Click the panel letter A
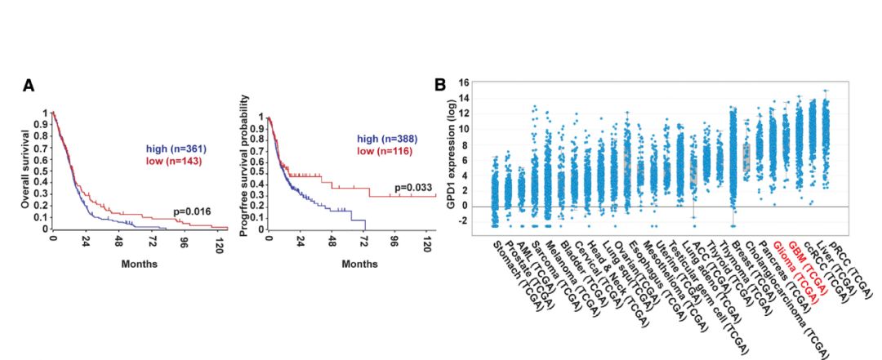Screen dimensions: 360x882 (29, 86)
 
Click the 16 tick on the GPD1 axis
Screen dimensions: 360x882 (464, 83)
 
